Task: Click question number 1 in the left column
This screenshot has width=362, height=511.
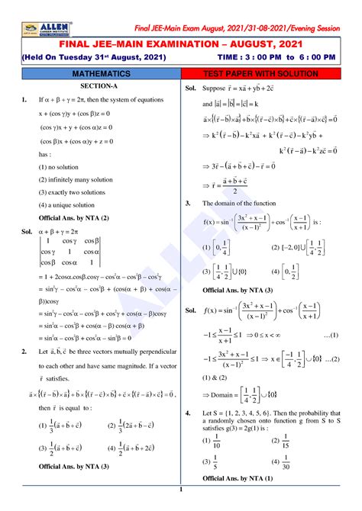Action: (24, 99)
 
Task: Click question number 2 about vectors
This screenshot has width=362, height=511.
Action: (24, 351)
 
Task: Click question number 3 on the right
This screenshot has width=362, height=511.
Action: (187, 204)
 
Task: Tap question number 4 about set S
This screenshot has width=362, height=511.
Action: (187, 412)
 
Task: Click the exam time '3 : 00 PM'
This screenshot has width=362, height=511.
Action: (274, 57)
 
